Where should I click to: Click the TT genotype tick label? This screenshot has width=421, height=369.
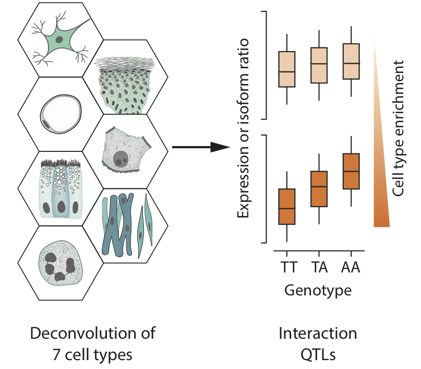coord(289,267)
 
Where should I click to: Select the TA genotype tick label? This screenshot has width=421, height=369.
coord(319,267)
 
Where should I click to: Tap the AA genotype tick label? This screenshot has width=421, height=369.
coord(351,267)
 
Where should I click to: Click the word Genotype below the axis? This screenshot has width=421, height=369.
coord(318,291)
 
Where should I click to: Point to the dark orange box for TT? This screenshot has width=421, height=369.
coord(287,207)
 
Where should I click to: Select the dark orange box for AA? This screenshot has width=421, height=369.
coord(351,171)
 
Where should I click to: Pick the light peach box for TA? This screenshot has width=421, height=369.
coord(319,65)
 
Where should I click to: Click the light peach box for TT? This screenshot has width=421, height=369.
coord(287,69)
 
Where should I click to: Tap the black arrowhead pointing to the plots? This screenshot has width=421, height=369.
coord(220,147)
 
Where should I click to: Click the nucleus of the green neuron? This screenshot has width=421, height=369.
coord(59,40)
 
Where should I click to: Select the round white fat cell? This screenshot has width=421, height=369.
coord(61,114)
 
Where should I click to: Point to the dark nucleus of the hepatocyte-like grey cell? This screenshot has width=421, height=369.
coord(121,159)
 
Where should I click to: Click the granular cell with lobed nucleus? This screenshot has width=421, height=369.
coord(61,263)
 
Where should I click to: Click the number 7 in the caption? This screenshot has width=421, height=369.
coord(56,354)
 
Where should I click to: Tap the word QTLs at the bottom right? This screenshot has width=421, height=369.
coord(318,354)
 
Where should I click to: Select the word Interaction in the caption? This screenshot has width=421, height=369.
coord(318,334)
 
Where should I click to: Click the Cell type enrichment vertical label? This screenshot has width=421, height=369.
coord(398,128)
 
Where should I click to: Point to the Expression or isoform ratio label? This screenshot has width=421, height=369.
coord(243,128)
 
